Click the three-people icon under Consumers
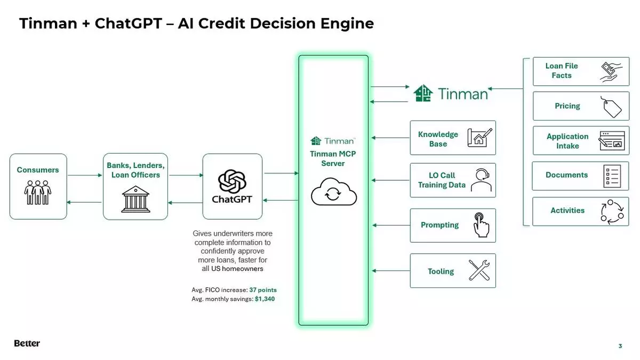click(x=38, y=193)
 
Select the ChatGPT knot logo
click(x=232, y=181)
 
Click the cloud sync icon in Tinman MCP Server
click(x=333, y=192)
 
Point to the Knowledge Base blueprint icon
click(x=479, y=138)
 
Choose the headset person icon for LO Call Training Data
click(x=481, y=180)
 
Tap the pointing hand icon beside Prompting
click(x=481, y=225)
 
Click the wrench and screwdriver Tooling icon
click(x=479, y=270)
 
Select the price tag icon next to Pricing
click(x=611, y=107)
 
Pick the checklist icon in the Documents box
click(x=612, y=176)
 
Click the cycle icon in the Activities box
click(x=611, y=212)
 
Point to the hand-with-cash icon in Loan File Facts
click(x=611, y=72)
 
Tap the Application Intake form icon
click(x=611, y=141)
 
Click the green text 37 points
click(x=263, y=290)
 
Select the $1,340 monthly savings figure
click(x=265, y=299)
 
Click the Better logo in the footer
click(x=27, y=343)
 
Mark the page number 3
click(x=620, y=346)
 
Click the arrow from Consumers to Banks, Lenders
click(x=84, y=175)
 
